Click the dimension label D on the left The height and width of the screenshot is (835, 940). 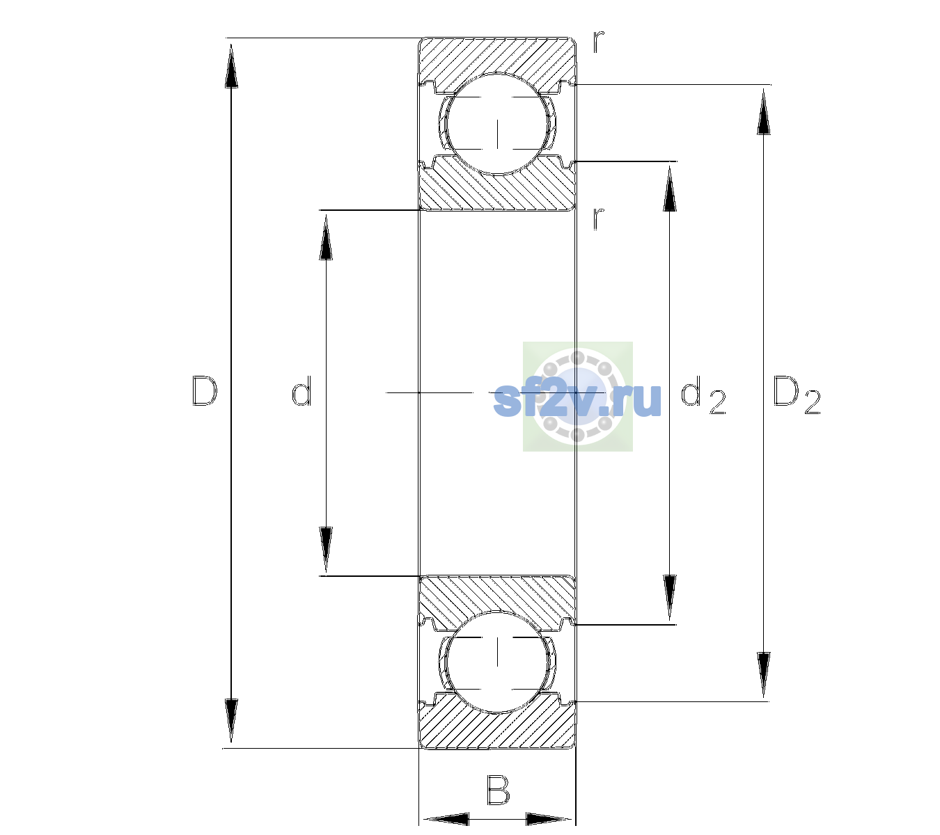click(205, 391)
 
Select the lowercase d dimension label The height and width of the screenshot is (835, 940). click(301, 391)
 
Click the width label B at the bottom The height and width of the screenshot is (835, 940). click(498, 790)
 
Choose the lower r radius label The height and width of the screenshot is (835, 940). click(599, 218)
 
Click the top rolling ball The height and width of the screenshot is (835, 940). click(497, 125)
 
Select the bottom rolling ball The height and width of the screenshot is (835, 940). click(497, 662)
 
